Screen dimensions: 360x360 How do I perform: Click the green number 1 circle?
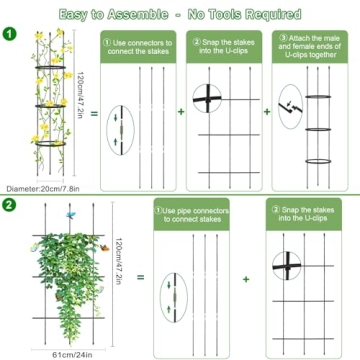10,33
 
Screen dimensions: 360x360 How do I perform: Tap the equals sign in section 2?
140,279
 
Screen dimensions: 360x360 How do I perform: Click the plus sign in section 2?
246,279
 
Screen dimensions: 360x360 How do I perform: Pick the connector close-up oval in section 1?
122,130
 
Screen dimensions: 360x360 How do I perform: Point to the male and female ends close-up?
289,104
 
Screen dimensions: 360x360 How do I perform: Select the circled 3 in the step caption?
282,37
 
